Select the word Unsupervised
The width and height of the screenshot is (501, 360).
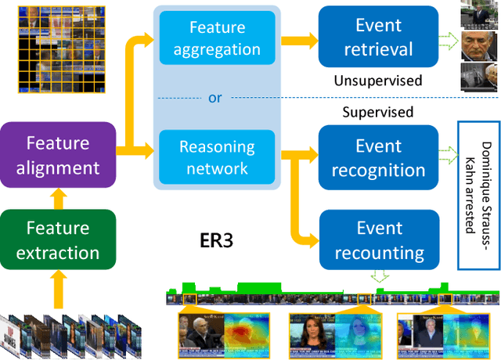pyautogui.click(x=377, y=81)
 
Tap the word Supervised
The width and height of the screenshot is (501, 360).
pyautogui.click(x=377, y=112)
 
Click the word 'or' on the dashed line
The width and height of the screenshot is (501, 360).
pyautogui.click(x=215, y=98)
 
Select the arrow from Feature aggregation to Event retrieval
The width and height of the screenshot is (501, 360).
pyautogui.click(x=299, y=38)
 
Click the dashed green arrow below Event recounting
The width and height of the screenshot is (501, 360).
pyautogui.click(x=380, y=276)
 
